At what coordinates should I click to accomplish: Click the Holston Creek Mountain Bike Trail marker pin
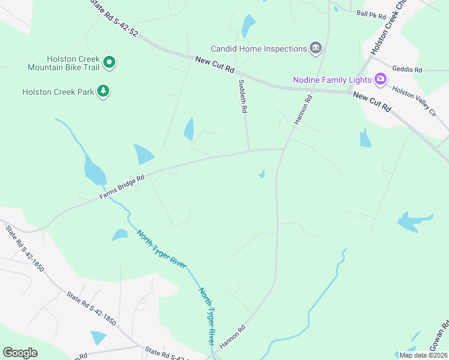click(x=109, y=61)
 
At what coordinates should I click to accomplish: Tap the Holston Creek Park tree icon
click(x=104, y=91)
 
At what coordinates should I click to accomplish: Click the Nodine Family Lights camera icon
click(x=379, y=79)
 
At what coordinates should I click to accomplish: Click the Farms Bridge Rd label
click(x=122, y=187)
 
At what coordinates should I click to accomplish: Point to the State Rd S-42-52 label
click(x=114, y=19)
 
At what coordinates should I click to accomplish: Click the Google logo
click(x=20, y=353)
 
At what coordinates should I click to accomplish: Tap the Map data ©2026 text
click(x=423, y=355)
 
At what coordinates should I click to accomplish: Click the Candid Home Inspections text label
click(x=258, y=49)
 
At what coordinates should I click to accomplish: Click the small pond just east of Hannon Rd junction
click(x=262, y=174)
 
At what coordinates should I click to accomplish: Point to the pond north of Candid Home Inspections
click(x=247, y=26)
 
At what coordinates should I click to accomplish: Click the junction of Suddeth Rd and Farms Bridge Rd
click(x=249, y=151)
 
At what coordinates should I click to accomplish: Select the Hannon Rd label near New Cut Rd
click(x=304, y=110)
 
